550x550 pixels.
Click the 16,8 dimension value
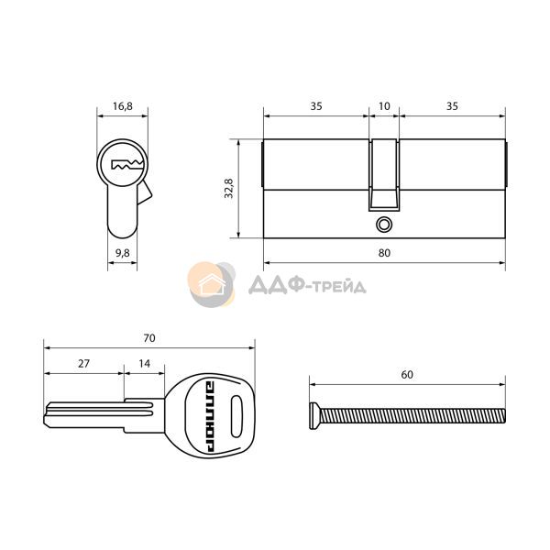coord(123,106)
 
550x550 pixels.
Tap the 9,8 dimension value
coord(123,253)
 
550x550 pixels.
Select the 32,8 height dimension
coord(228,188)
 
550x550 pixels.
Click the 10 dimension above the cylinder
coord(384,106)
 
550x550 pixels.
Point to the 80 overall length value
coord(384,253)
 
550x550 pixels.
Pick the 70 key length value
coord(149,337)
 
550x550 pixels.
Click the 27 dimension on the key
coord(83,363)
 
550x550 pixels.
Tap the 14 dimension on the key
coord(144,363)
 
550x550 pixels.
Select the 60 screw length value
coord(407,375)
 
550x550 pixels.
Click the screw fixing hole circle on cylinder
coord(384,225)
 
